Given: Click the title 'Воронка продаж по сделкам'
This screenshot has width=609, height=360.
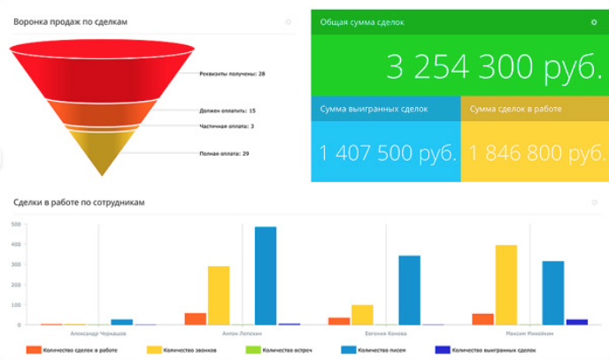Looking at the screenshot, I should (70, 22).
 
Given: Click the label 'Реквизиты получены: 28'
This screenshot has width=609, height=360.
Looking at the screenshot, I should (233, 73).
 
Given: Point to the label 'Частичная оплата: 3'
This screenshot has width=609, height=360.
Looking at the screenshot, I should (227, 126).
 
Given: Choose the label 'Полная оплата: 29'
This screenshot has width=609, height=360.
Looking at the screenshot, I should (224, 154).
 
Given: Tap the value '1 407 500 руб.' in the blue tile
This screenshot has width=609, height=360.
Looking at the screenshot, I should (387, 153).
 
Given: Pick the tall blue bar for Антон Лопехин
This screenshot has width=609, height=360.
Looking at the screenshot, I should (266, 276).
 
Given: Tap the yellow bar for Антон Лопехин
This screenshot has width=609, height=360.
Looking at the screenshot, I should (219, 295).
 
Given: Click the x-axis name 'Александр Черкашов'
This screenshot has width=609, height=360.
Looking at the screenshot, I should (98, 334).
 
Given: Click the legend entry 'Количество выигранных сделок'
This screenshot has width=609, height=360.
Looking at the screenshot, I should (492, 350).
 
